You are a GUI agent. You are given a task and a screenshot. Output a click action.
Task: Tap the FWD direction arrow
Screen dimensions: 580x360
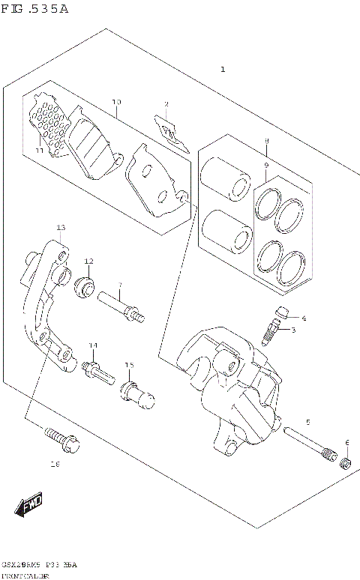point(31,507)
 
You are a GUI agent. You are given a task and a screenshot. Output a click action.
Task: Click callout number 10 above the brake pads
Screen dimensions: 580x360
point(116,102)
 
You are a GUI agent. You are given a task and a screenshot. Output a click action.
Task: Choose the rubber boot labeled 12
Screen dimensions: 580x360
point(85,286)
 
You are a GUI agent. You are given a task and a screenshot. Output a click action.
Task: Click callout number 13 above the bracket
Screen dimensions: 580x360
point(61,226)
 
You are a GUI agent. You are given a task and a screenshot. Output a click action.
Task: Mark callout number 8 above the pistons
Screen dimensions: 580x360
point(265,141)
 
